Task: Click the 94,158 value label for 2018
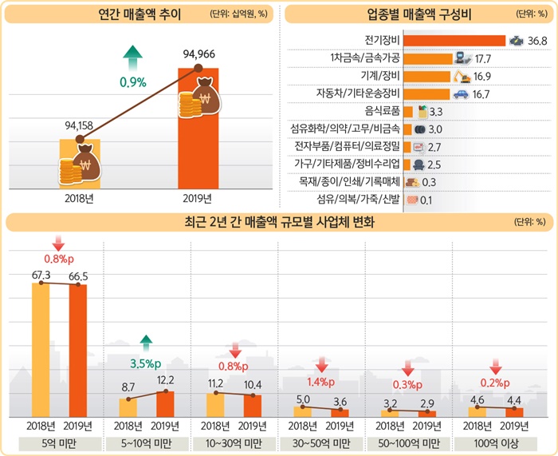pyautogui.click(x=80, y=125)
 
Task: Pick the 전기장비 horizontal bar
pyautogui.click(x=455, y=41)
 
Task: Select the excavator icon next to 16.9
pyautogui.click(x=461, y=77)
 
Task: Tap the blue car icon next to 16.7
pyautogui.click(x=460, y=94)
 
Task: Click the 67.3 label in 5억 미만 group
pyautogui.click(x=41, y=275)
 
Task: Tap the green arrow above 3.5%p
pyautogui.click(x=145, y=343)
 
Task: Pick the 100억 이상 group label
pyautogui.click(x=495, y=443)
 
